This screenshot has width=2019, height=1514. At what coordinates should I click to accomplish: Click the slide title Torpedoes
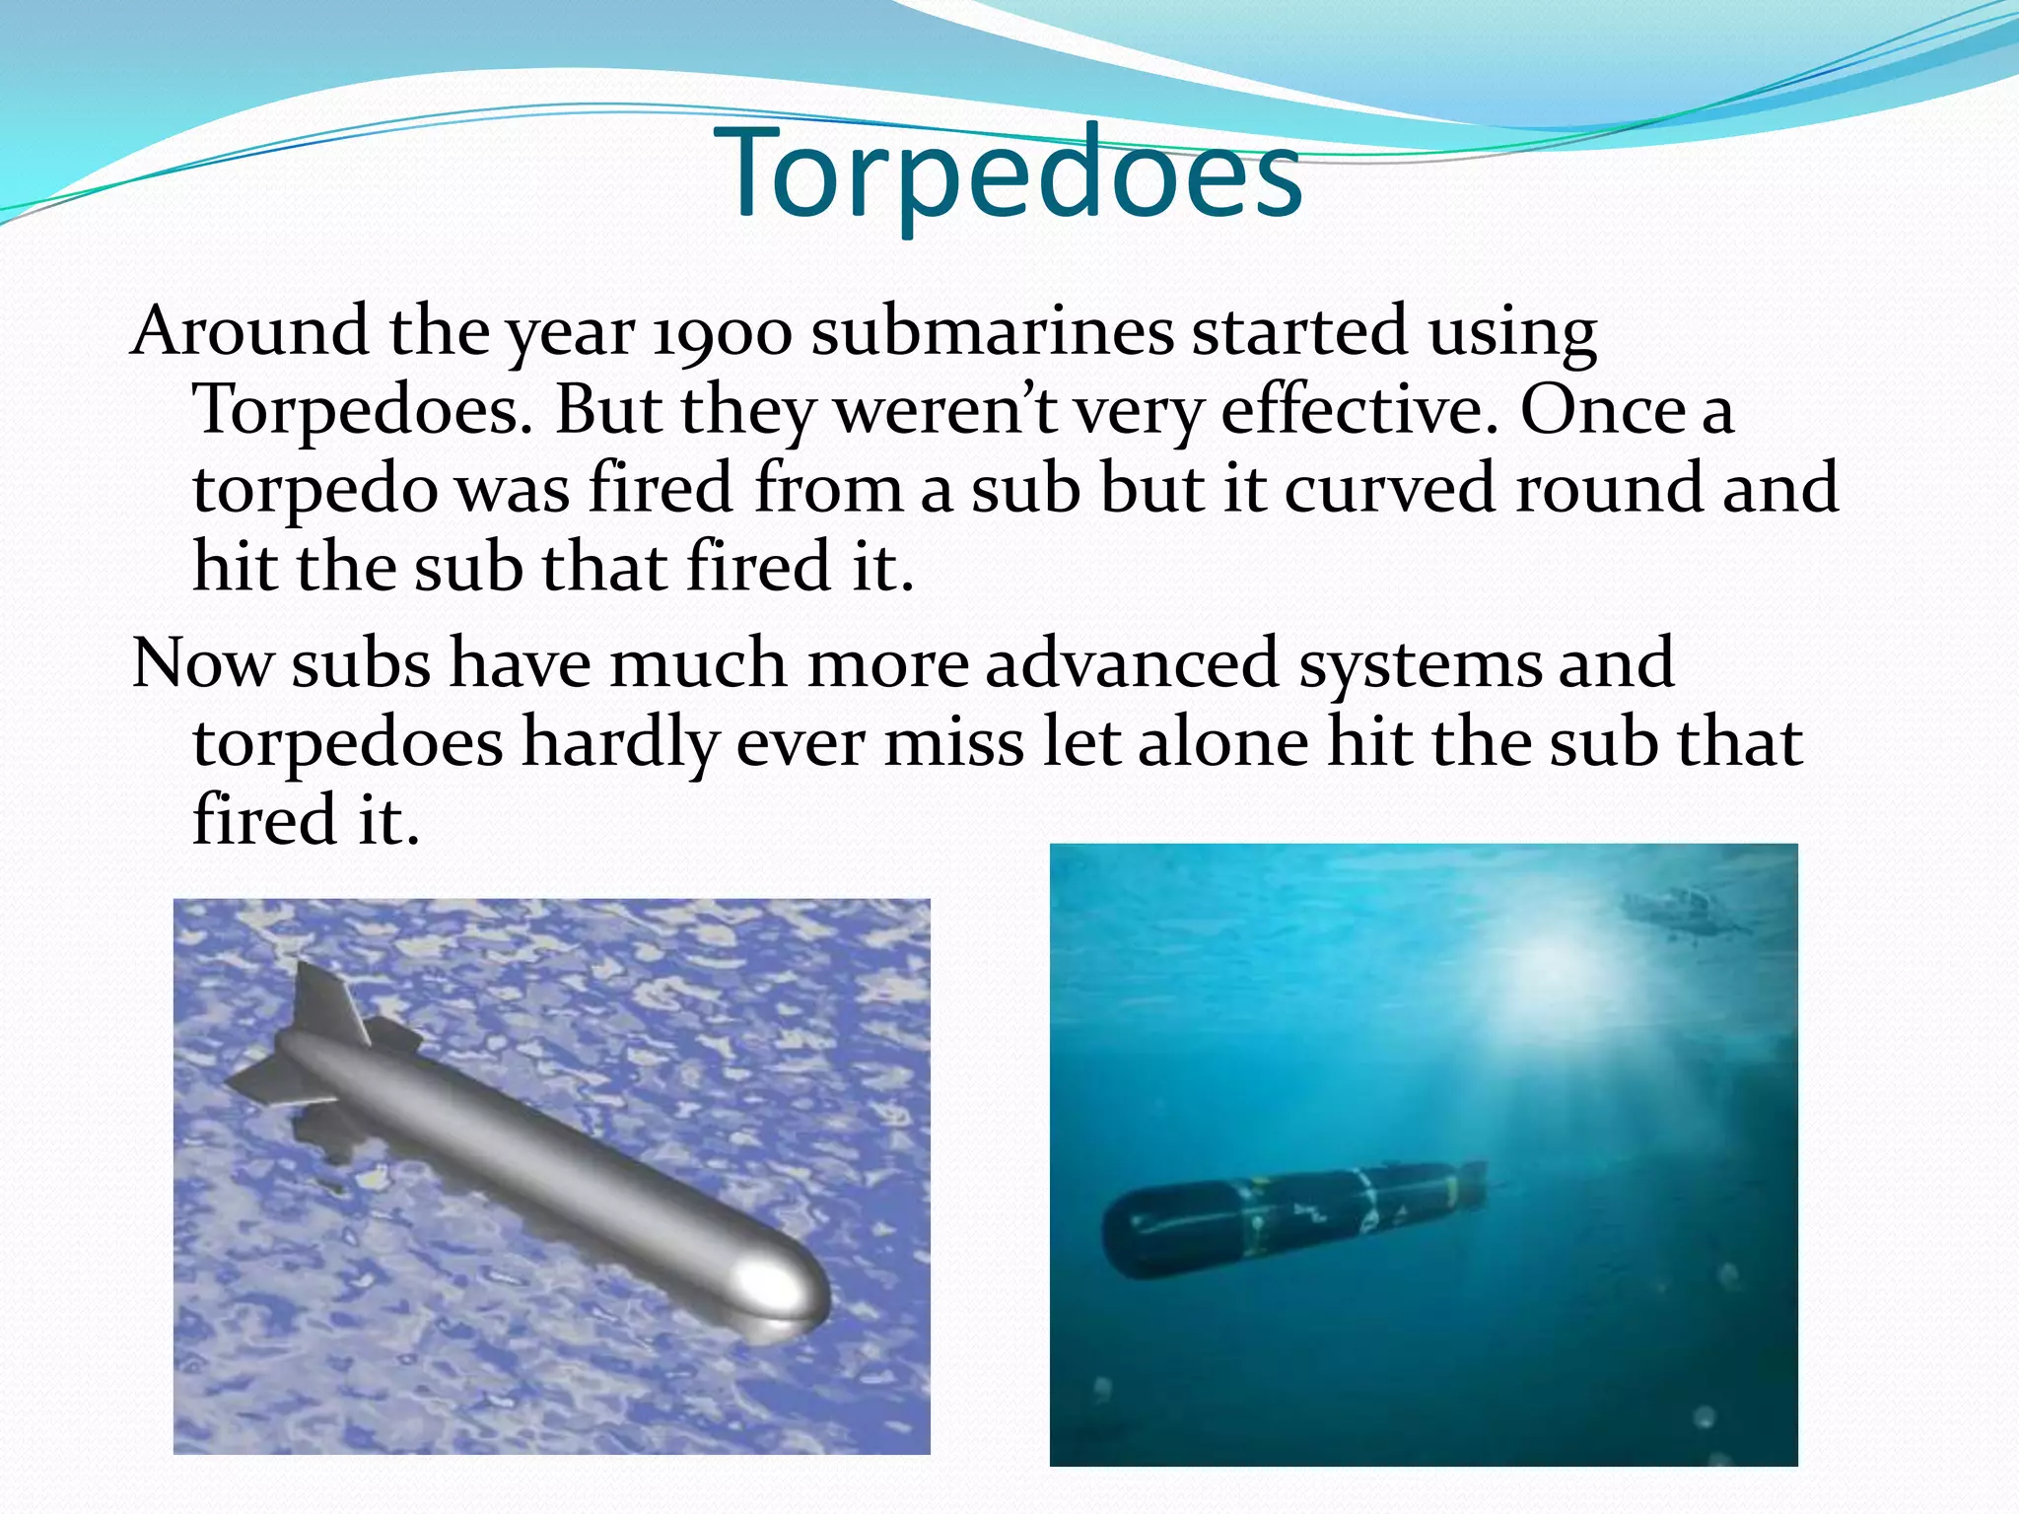pos(1015,175)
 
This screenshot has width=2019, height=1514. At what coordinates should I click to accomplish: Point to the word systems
pos(1420,666)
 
